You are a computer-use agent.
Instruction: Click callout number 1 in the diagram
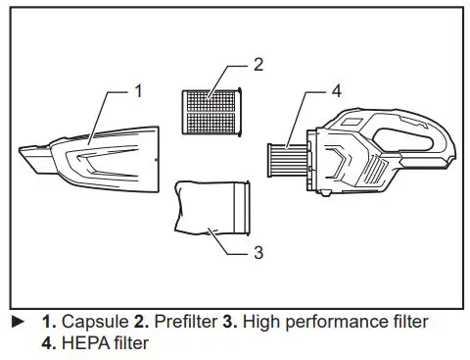(x=138, y=90)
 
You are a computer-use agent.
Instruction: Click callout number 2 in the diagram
(x=258, y=66)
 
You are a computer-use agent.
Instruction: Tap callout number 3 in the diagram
(x=258, y=252)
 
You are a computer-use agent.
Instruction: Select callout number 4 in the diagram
(x=336, y=91)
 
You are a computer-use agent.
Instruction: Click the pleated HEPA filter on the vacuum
(x=289, y=156)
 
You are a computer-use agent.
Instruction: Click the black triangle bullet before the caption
(x=16, y=322)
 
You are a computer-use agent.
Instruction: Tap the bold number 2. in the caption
(x=135, y=322)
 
